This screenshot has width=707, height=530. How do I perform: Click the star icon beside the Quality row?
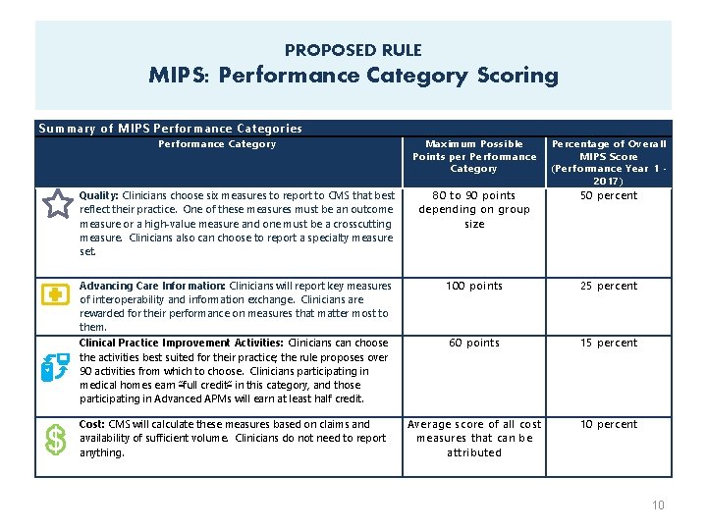(58, 204)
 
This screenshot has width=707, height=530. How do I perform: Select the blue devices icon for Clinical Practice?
(55, 365)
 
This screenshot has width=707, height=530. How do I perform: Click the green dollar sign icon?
(56, 441)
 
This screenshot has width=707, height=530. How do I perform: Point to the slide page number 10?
(658, 505)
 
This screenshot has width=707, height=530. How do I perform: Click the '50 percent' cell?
(608, 195)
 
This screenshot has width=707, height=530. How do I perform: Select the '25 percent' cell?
(608, 287)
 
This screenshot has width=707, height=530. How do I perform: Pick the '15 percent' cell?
(608, 344)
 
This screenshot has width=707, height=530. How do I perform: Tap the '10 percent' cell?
(608, 425)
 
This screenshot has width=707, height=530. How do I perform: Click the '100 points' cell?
(473, 287)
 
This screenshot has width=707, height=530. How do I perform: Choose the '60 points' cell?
(473, 344)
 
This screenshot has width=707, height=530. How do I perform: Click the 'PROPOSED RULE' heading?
(353, 50)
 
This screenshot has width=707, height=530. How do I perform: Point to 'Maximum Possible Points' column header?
(474, 156)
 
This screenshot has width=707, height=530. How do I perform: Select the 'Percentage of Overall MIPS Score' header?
(609, 162)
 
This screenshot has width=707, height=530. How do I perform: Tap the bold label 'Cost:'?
(93, 425)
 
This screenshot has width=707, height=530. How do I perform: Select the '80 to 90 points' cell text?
(473, 195)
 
